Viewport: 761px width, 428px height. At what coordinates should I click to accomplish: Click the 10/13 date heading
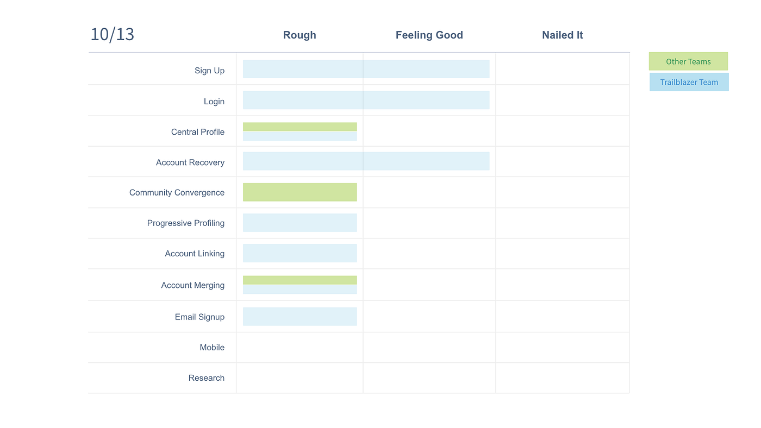112,35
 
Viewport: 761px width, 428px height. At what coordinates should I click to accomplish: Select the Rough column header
300,35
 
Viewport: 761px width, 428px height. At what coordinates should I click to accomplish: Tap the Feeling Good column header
429,35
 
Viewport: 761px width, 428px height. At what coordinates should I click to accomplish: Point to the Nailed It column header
562,35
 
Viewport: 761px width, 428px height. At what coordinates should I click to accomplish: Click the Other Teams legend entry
688,61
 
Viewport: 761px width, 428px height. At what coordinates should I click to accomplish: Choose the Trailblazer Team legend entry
689,82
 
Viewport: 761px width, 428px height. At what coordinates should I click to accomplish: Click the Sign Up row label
209,71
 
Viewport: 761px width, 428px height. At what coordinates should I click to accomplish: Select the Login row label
214,102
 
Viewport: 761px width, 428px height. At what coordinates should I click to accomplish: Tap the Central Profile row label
197,132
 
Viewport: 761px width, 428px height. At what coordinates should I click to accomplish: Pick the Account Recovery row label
190,162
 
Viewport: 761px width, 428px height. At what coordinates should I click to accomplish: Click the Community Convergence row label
177,193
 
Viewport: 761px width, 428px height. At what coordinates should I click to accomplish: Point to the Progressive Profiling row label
185,223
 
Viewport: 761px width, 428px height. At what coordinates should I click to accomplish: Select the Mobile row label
212,348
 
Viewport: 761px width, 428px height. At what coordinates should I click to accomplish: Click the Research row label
206,378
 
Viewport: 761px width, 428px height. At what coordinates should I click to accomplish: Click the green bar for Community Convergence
300,192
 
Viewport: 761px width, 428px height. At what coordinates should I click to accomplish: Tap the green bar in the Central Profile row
300,127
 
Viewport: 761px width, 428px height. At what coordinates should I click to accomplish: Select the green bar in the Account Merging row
300,280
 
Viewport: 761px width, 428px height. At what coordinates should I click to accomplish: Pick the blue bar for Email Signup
300,317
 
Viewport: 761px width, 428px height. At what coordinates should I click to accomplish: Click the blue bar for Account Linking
300,253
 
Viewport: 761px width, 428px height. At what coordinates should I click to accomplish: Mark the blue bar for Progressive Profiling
300,223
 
